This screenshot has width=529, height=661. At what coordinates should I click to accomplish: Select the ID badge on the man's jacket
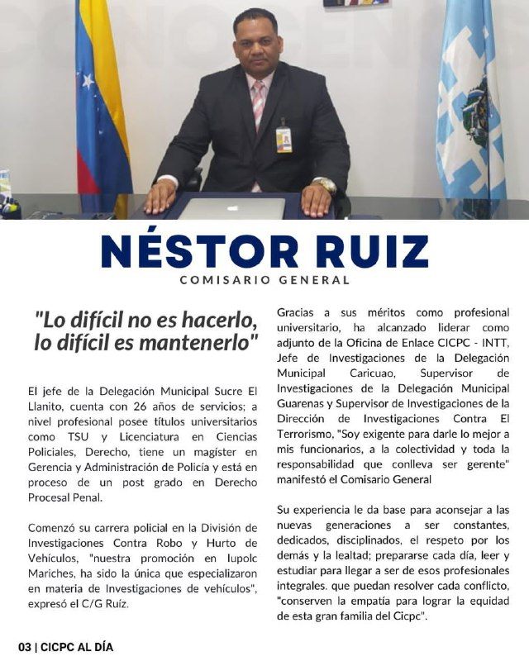284,138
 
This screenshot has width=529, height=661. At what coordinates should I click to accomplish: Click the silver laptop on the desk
231,207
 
